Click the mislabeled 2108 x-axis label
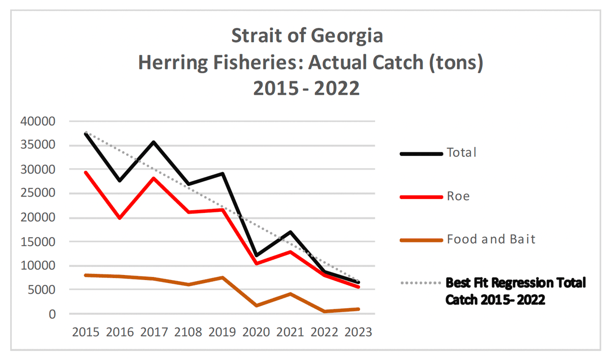pos(187,332)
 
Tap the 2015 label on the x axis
pos(86,332)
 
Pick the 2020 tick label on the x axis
pos(256,332)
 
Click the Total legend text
pos(461,152)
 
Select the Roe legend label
pos(458,196)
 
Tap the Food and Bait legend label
pos(491,239)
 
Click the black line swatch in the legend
pos(421,153)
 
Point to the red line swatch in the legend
pos(421,197)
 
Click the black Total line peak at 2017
pos(154,142)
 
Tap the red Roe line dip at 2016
pos(120,218)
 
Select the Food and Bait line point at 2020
pos(256,306)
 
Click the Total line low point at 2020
pos(256,255)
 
